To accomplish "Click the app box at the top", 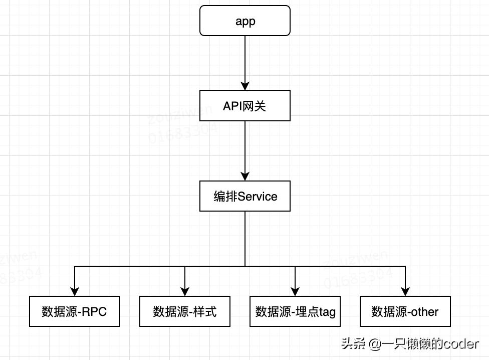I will click(x=245, y=21).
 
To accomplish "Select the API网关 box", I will click(x=245, y=106).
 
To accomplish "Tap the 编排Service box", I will click(x=245, y=196).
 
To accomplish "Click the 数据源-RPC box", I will click(x=75, y=311).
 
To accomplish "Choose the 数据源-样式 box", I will click(x=185, y=311).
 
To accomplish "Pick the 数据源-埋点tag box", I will click(x=295, y=311).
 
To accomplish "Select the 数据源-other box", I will click(x=405, y=311).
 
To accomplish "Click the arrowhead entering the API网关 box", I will click(x=245, y=86).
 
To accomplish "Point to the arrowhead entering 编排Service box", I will click(x=245, y=176).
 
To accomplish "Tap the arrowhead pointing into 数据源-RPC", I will click(x=75, y=291).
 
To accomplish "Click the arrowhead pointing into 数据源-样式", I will click(x=185, y=291).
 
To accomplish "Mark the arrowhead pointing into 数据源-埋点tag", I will click(x=295, y=291).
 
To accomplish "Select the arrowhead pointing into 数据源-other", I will click(x=405, y=291).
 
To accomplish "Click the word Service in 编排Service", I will click(x=258, y=197).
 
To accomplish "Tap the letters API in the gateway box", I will click(x=232, y=106).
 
